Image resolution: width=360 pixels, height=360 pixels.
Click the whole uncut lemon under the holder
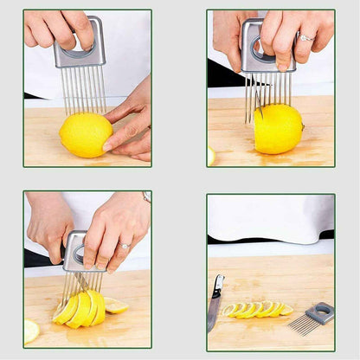[x=85, y=134]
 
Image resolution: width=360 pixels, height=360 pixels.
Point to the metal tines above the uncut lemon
[x=83, y=90]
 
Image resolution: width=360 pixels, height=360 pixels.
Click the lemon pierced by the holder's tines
[x=278, y=128]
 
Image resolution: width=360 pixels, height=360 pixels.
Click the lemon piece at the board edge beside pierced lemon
[x=211, y=156]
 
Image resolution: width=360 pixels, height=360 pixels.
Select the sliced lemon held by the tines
[x=80, y=308]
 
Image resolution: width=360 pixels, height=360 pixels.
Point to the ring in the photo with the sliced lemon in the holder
[x=124, y=246]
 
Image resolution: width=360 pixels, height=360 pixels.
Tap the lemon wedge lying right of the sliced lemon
[x=116, y=305]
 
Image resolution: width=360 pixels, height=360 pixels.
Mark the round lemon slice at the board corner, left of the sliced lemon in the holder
[x=31, y=330]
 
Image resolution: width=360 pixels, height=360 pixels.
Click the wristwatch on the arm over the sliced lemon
[x=146, y=196]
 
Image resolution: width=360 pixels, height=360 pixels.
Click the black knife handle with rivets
[x=218, y=285]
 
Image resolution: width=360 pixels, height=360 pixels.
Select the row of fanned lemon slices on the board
[x=256, y=309]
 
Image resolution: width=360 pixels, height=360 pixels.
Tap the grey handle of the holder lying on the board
[x=322, y=312]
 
